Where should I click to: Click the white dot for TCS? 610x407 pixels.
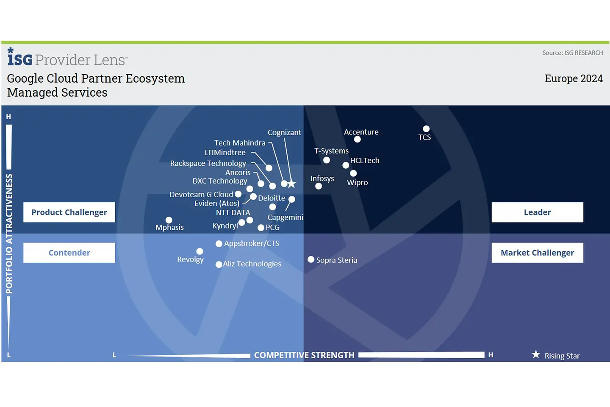pos(426,129)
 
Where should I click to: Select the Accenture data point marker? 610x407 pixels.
pos(358,139)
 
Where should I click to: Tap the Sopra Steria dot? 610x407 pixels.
pos(311,259)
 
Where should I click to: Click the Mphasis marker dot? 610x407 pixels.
pos(169,220)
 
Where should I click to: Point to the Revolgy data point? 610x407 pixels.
pos(200,251)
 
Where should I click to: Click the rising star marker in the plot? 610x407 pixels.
pos(292,184)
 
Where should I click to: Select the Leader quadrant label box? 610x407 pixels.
pos(537,212)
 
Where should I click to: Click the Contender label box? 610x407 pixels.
pos(69,253)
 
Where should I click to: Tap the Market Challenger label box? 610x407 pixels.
pos(537,253)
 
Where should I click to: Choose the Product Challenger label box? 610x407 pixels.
pos(69,212)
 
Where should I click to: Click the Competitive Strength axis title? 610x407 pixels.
pos(304,355)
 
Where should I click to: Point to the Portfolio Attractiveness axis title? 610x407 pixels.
pos(9,234)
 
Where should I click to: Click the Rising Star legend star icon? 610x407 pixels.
pos(536,354)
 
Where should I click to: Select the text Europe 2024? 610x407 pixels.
pos(574,79)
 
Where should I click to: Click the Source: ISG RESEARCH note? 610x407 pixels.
pos(572,53)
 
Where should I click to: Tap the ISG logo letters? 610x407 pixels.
pos(20,59)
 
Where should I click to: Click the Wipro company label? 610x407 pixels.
pos(358,183)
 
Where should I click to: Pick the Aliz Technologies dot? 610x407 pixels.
pos(219,265)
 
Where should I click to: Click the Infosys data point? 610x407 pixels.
pos(319,186)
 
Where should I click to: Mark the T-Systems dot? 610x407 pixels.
pos(327,160)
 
